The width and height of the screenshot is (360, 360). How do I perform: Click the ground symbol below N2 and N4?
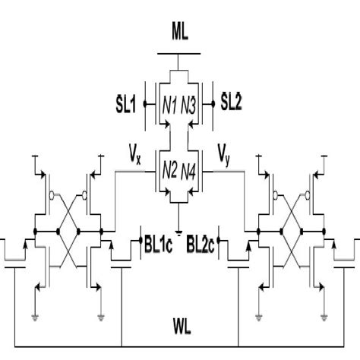[180, 229]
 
